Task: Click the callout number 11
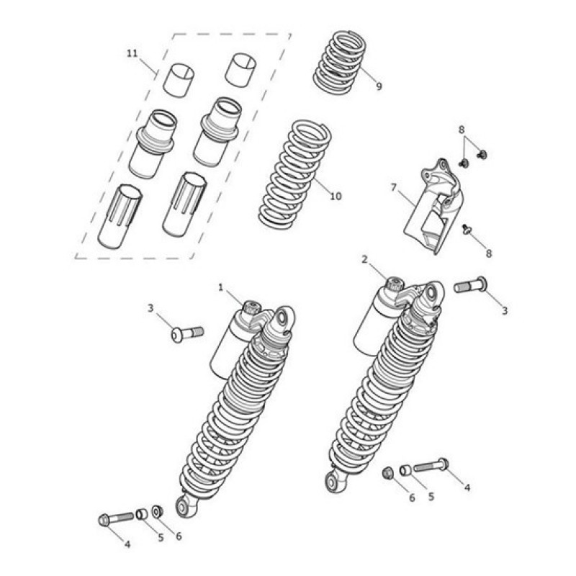pyautogui.click(x=132, y=53)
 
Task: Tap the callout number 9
pyautogui.click(x=379, y=86)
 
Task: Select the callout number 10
pyautogui.click(x=336, y=196)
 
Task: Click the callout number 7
pyautogui.click(x=394, y=188)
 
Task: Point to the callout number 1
pyautogui.click(x=220, y=287)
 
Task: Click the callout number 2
pyautogui.click(x=364, y=259)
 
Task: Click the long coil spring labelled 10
pyautogui.click(x=295, y=173)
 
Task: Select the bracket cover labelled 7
pyautogui.click(x=433, y=207)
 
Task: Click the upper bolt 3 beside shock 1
pyautogui.click(x=187, y=333)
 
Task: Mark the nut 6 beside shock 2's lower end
pyautogui.click(x=387, y=473)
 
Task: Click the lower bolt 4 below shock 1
pyautogui.click(x=116, y=518)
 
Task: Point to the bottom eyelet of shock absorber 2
pyautogui.click(x=335, y=482)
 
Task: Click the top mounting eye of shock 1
pyautogui.click(x=284, y=318)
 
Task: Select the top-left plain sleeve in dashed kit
pyautogui.click(x=179, y=81)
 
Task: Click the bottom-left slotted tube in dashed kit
pyautogui.click(x=120, y=217)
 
